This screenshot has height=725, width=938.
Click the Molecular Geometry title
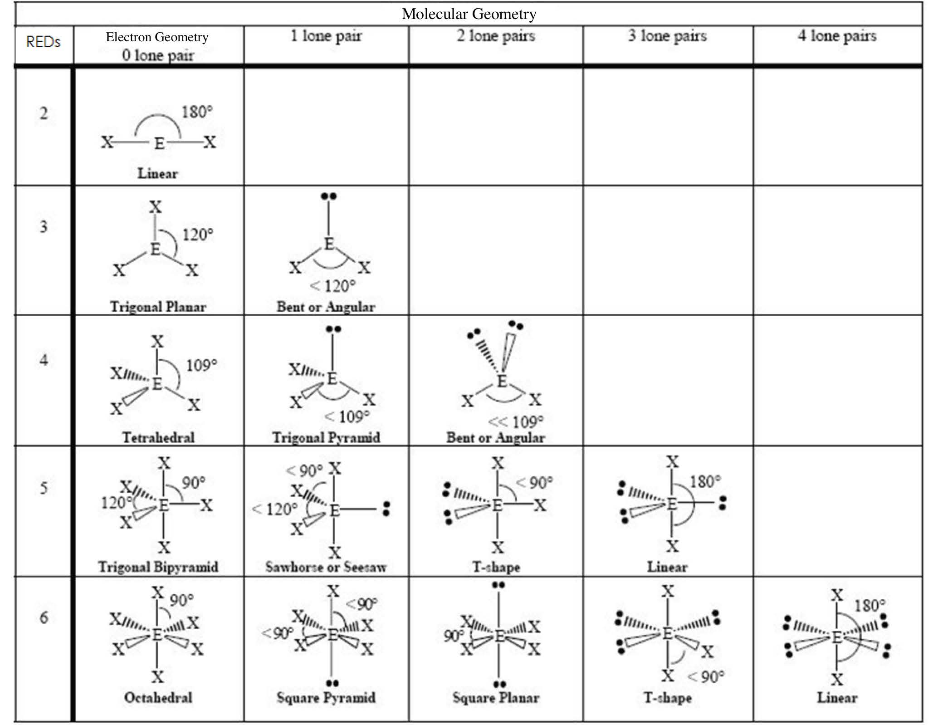pos(469,14)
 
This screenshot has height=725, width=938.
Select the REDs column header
pos(43,42)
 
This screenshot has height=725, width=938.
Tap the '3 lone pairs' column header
pos(667,35)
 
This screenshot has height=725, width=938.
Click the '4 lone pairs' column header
pos(837,35)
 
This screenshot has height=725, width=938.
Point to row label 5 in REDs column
pos(44,488)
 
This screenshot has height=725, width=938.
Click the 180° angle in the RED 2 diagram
pos(197,112)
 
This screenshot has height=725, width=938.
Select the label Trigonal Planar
pos(158,307)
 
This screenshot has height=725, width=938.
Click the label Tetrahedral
pos(158,437)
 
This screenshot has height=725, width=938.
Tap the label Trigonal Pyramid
pos(326,437)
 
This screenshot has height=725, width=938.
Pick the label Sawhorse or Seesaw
pos(326,567)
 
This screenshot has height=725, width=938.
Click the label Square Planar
pos(496,698)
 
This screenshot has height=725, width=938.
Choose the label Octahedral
pos(158,697)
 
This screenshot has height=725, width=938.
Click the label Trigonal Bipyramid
pos(158,567)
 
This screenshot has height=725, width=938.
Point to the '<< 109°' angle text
pos(515,422)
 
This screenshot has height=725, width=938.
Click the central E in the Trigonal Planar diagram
pos(155,249)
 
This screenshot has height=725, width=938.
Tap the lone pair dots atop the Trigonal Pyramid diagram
pos(333,329)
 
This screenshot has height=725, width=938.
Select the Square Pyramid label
pos(326,698)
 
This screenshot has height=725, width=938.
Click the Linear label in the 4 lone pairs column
pos(837,698)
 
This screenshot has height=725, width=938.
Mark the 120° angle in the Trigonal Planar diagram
pos(198,235)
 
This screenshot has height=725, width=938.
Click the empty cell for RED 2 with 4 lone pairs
pos(838,127)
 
